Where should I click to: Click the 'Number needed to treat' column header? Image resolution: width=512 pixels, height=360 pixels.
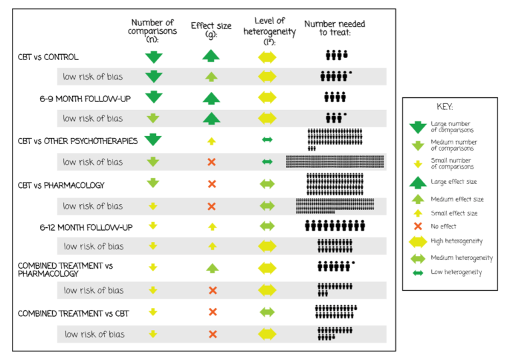tap(335, 28)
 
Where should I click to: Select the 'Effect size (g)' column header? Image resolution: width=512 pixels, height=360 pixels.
tap(211, 30)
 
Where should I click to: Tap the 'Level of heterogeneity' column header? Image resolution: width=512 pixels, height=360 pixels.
tap(269, 31)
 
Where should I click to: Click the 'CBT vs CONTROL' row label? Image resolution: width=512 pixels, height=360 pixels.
tap(48, 57)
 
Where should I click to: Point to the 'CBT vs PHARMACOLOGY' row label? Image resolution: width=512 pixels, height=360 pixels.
tap(61, 185)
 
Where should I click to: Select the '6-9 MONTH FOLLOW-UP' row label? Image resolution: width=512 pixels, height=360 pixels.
tap(85, 99)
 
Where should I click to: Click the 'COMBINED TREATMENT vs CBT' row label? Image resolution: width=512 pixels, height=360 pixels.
tap(73, 313)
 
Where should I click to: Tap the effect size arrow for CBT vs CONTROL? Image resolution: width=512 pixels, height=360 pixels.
tap(211, 56)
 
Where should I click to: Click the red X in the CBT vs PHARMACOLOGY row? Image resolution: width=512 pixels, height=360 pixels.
tap(212, 184)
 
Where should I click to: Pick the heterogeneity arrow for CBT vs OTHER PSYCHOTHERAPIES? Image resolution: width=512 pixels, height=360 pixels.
tap(267, 140)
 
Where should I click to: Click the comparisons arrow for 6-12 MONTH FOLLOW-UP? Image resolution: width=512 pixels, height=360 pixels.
tap(153, 225)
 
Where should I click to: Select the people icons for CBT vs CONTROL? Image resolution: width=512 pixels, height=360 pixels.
tap(337, 55)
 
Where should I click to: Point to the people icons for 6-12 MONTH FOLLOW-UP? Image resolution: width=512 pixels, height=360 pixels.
tap(335, 226)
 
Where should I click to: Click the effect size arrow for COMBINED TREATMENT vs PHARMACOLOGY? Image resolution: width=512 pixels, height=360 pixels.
tap(212, 268)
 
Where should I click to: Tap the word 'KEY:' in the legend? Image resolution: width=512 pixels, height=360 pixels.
tap(445, 107)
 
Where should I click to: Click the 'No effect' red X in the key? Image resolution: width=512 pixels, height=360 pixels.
tap(417, 226)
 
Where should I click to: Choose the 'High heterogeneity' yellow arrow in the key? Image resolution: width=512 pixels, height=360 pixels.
tap(417, 241)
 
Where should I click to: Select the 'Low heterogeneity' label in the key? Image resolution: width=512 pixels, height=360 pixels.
tap(456, 272)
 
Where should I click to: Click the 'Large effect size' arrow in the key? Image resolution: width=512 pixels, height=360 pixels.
tap(417, 183)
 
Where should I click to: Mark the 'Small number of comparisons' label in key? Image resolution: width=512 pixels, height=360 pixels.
tap(452, 163)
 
